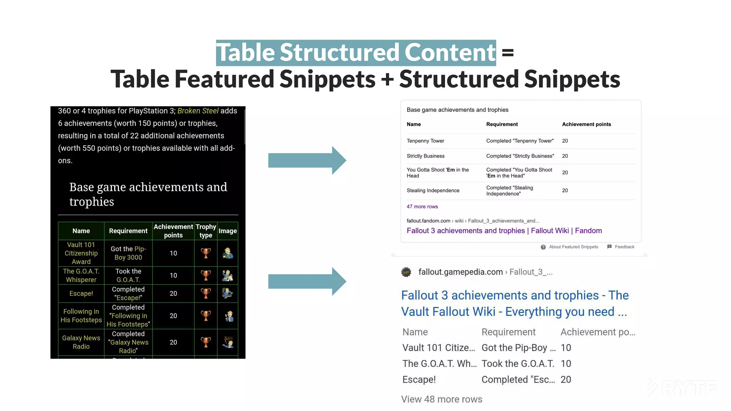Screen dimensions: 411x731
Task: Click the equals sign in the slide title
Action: (508, 53)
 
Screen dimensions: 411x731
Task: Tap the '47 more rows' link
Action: (422, 207)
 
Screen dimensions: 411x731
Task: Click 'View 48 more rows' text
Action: (442, 399)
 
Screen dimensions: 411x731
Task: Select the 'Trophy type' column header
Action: (206, 231)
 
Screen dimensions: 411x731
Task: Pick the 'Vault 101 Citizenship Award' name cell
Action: (81, 253)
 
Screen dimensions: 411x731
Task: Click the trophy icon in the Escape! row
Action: (206, 293)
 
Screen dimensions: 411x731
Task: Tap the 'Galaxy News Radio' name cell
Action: (81, 342)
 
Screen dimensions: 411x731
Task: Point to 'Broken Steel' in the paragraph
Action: (198, 111)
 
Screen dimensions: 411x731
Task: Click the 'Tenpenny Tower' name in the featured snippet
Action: (425, 141)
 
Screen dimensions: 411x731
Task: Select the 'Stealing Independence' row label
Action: (433, 191)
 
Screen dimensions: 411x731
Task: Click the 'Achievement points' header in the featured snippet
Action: (586, 125)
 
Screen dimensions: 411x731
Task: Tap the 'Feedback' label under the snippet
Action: (624, 247)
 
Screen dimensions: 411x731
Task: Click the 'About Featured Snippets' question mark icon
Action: (543, 247)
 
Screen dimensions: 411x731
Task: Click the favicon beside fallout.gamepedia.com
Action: (406, 272)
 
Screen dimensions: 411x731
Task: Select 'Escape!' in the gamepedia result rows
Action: (419, 380)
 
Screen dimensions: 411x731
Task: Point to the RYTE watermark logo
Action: (682, 388)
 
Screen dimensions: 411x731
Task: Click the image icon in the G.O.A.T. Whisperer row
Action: (227, 275)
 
